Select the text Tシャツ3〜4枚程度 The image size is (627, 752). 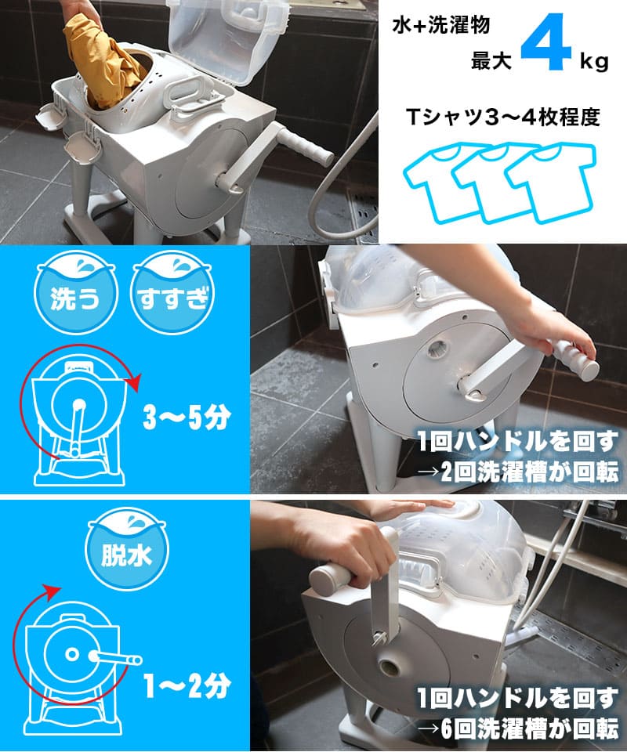[x=502, y=118]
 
